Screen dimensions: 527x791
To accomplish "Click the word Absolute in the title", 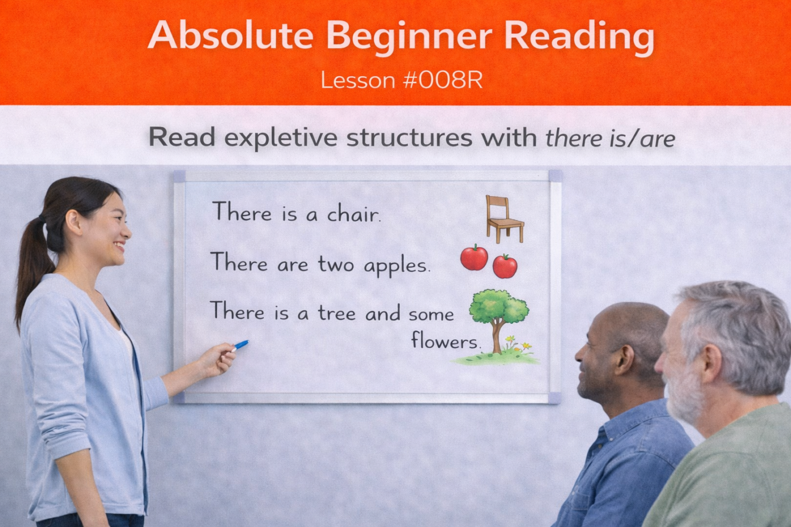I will coord(230,36).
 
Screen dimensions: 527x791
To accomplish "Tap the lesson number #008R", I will coord(442,81).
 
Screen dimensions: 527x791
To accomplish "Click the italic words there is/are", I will coord(610,139).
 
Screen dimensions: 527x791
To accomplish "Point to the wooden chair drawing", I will coord(503,219).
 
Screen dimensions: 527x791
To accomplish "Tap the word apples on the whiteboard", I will coord(397,265).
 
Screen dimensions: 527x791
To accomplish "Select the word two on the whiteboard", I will coord(336,265).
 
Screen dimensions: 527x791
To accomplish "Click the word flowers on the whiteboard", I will coord(445,341).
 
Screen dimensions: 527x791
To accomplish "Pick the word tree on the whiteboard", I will coord(336,313).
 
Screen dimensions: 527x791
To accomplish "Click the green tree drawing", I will coord(498,310).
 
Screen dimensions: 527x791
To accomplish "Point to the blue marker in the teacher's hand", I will coord(240,345).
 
